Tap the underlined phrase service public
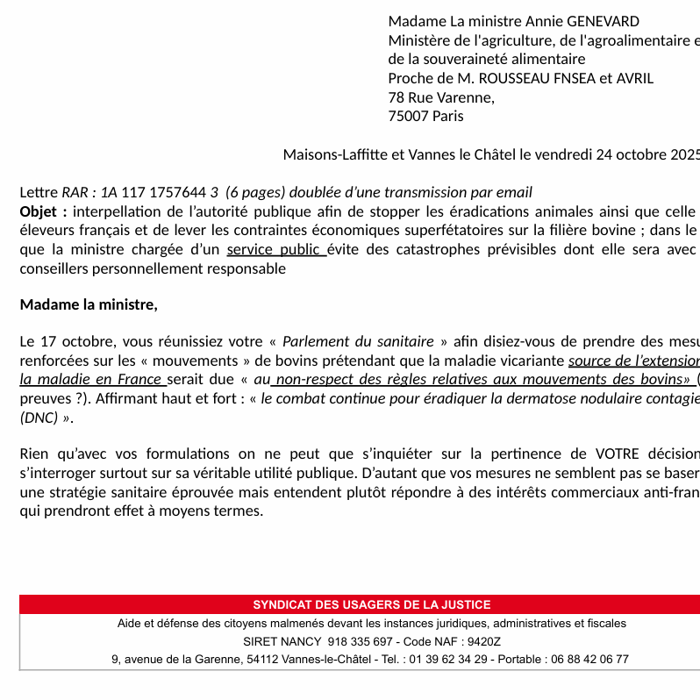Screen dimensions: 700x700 (x=275, y=249)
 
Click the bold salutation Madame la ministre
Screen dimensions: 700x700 (x=89, y=304)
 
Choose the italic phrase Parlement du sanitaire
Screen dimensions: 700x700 (x=358, y=341)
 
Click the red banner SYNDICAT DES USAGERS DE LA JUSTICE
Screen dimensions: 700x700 (x=371, y=604)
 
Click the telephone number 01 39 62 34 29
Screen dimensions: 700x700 (x=447, y=659)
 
